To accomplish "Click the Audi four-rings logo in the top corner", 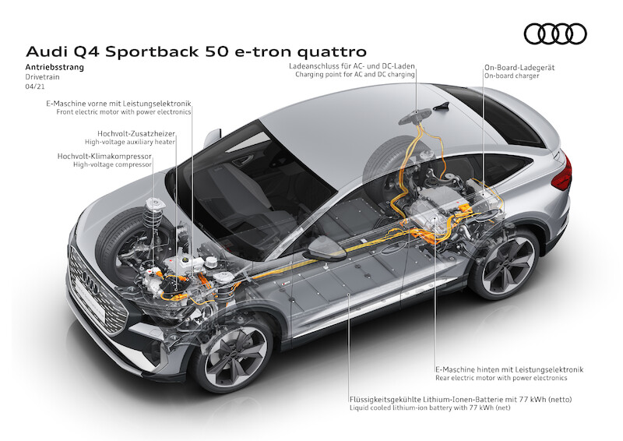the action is coord(555,34).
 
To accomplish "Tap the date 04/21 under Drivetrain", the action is coord(34,86).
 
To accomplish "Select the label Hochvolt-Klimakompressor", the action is coord(104,156).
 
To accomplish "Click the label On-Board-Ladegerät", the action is coord(519,68).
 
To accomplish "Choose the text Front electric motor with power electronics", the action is coord(124,112).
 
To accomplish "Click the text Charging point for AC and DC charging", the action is coord(355,74).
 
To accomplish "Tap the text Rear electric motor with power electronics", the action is coord(501,378).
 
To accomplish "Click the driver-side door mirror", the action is coord(325,249).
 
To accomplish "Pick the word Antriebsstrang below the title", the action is coord(55,67).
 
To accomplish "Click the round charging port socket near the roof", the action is coord(415,116).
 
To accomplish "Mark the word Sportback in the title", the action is coord(153,52).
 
